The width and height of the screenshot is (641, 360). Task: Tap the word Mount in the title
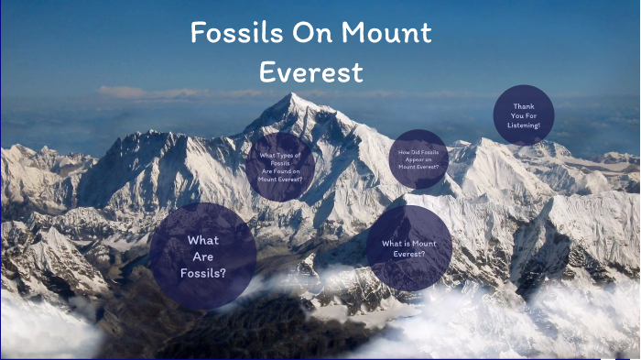[x=386, y=34]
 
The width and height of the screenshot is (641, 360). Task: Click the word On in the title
[x=306, y=34]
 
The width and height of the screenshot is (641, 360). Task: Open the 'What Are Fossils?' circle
[x=202, y=256]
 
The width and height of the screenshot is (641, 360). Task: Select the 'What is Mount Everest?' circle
[x=408, y=248]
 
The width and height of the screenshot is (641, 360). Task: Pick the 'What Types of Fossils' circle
[x=281, y=166]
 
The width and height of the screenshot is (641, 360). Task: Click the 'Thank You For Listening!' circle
[x=524, y=115]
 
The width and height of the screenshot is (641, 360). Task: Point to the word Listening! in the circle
[x=524, y=125]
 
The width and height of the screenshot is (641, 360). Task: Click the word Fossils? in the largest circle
[x=202, y=272]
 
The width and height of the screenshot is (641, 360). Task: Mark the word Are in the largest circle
[x=202, y=256]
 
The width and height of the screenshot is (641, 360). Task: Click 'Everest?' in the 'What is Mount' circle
[x=408, y=254]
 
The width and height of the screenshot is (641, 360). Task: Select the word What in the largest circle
[x=202, y=240]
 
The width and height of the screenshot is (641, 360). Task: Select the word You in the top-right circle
[x=516, y=115]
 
